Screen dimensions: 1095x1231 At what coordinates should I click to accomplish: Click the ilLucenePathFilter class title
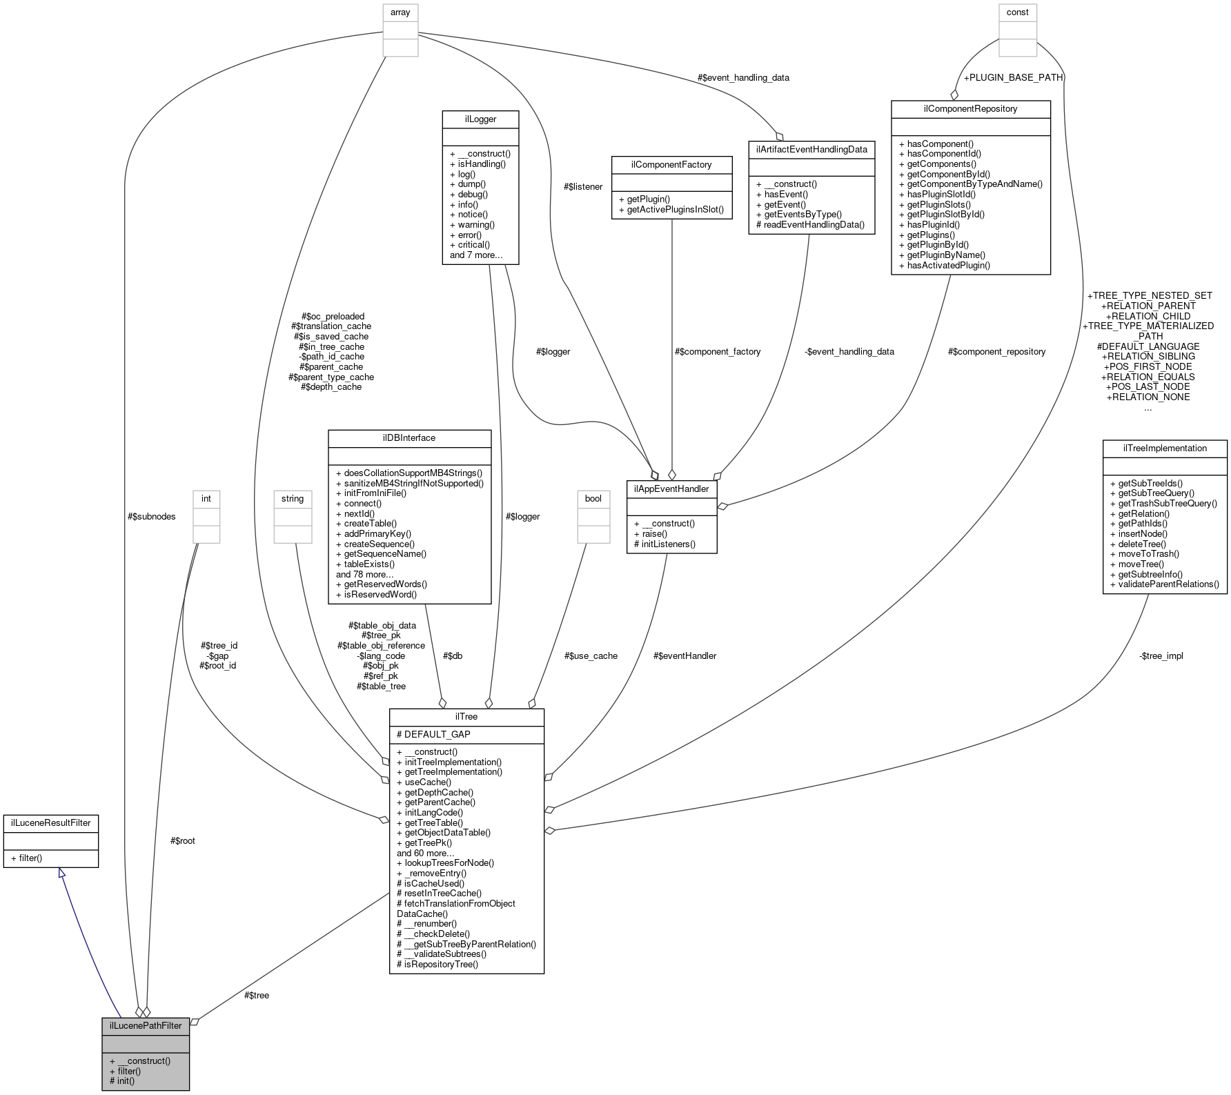coord(146,1025)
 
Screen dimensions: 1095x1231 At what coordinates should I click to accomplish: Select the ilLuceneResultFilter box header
coord(51,822)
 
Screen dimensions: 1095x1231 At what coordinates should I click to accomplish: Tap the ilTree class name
coord(466,716)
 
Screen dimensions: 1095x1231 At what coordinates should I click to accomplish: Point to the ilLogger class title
coord(480,119)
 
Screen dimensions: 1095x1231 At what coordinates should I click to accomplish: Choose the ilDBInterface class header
coord(409,437)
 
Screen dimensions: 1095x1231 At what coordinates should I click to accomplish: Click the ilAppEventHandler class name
coord(671,489)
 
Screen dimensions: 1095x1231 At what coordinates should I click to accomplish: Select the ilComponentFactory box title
coord(671,164)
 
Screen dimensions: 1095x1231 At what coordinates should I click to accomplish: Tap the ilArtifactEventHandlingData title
coord(811,149)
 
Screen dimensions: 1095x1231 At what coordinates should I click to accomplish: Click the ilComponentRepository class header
coord(970,108)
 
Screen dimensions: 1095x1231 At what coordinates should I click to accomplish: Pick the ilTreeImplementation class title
coord(1165,448)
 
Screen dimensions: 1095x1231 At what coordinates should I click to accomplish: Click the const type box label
coord(1017,12)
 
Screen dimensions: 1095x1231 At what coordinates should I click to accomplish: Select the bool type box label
coord(593,498)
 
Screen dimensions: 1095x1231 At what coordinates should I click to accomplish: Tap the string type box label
coord(293,498)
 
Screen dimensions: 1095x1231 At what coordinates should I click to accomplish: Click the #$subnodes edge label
coord(152,516)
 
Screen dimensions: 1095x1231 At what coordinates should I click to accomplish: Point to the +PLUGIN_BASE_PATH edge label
coord(1013,77)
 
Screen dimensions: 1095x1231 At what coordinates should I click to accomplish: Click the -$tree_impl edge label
coord(1161,655)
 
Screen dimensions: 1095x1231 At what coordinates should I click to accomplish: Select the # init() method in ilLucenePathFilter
coord(122,1081)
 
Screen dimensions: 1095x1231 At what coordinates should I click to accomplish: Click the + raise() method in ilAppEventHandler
coord(651,533)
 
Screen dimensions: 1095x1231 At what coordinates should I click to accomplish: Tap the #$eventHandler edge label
coord(685,655)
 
